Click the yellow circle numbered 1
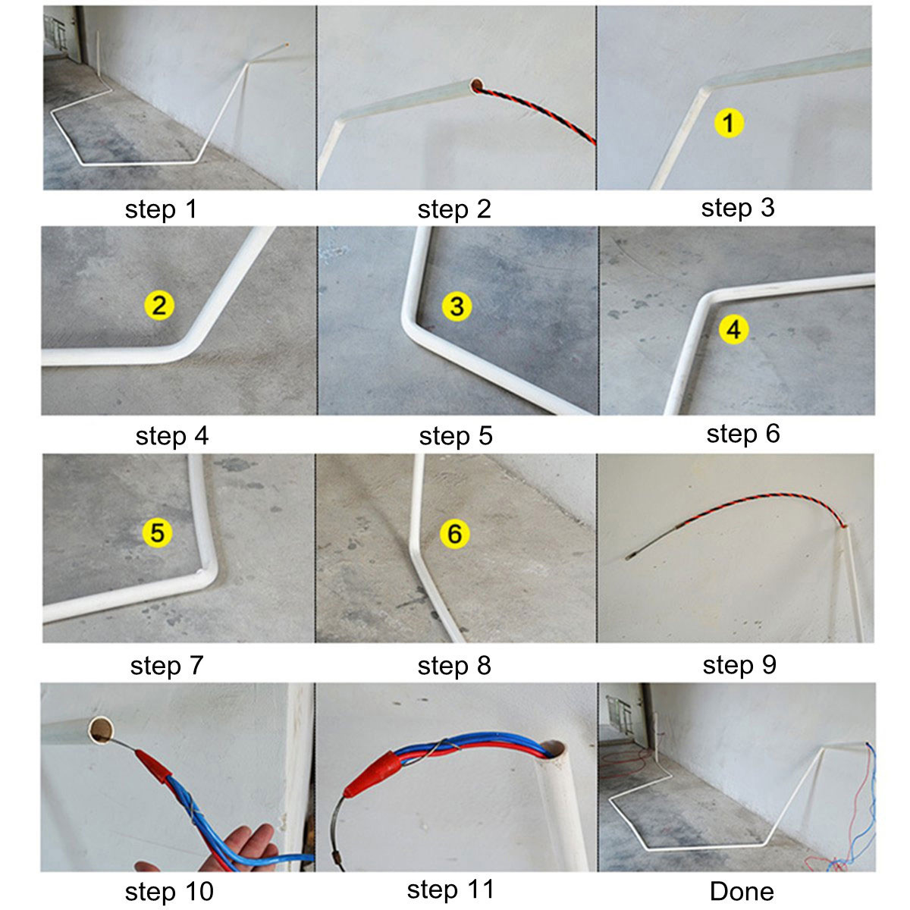click(729, 122)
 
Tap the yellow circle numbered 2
click(159, 306)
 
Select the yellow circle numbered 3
click(457, 306)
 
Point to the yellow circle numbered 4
click(733, 329)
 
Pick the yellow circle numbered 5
click(157, 532)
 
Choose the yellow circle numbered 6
click(454, 534)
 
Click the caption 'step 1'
click(161, 209)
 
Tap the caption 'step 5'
click(455, 436)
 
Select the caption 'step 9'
click(739, 665)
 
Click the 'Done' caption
click(741, 892)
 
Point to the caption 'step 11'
click(450, 890)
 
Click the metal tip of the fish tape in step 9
click(631, 557)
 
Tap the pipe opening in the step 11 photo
click(554, 751)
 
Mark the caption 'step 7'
click(167, 665)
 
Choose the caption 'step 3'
click(738, 208)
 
